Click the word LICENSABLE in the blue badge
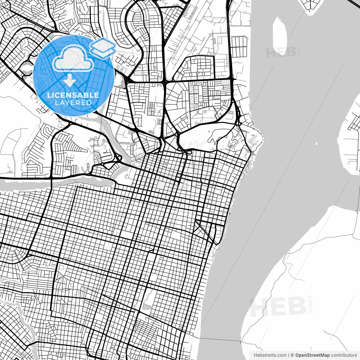(x=73, y=95)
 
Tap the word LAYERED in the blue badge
(x=73, y=103)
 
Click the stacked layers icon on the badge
(x=103, y=48)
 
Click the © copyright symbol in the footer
(x=292, y=355)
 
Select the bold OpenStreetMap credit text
(x=312, y=355)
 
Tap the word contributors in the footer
(x=344, y=355)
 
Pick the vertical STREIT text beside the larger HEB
(x=310, y=304)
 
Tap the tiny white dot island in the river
(x=316, y=144)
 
